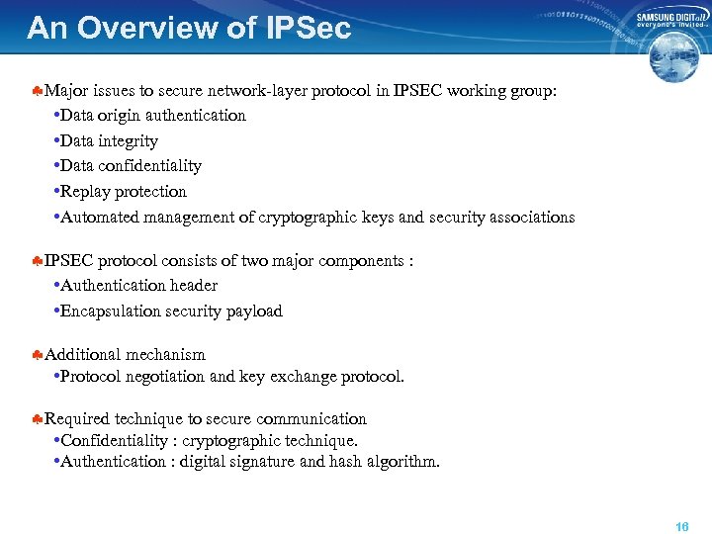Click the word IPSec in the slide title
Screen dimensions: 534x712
308,28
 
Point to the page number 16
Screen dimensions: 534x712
681,527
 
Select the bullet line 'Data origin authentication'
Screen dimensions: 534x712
153,116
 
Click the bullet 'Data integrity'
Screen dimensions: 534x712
109,141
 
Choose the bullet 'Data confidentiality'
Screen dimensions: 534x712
131,166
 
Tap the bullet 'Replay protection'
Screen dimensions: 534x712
124,192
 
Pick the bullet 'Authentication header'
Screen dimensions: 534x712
138,286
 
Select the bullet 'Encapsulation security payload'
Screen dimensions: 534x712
171,311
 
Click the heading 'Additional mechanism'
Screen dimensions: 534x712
125,355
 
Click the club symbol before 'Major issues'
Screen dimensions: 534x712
36,92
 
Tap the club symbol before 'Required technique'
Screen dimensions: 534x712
36,419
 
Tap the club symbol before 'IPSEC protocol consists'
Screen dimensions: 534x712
36,262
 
